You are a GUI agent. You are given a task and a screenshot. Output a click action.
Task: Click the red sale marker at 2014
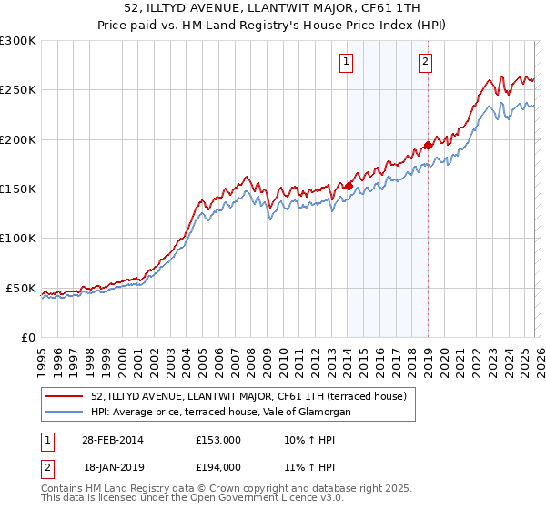click(x=349, y=186)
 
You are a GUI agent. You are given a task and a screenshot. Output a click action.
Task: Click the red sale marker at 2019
click(x=428, y=145)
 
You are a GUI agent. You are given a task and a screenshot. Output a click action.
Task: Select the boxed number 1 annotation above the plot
click(x=348, y=62)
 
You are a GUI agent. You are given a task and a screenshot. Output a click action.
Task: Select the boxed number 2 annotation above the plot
click(x=425, y=62)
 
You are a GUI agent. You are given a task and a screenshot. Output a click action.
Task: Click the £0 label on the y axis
click(x=27, y=337)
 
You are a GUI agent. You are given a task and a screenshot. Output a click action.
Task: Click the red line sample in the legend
click(x=66, y=396)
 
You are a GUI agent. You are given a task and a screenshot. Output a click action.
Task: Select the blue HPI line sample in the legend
click(x=66, y=413)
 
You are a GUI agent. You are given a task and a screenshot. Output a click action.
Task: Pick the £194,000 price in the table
click(x=218, y=466)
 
